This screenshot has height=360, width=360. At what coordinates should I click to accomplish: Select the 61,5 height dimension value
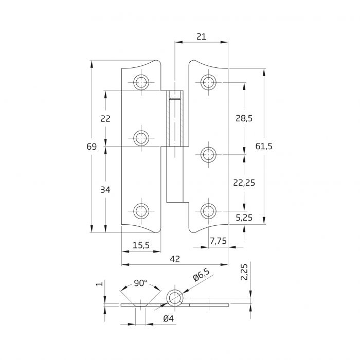click(x=263, y=147)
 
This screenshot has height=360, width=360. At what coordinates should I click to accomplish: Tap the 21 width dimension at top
click(x=201, y=37)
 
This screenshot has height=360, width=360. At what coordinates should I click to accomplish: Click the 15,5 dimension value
click(x=140, y=246)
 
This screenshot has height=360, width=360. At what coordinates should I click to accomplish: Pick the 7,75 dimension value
click(x=219, y=241)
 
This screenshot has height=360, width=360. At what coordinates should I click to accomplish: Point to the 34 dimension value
click(x=105, y=190)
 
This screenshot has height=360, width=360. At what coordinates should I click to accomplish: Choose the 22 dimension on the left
click(x=105, y=118)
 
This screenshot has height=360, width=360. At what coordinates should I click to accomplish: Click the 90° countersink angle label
click(x=140, y=283)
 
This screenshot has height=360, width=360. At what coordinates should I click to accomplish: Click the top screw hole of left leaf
click(x=141, y=82)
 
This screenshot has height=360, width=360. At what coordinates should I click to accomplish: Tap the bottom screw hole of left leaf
click(x=141, y=210)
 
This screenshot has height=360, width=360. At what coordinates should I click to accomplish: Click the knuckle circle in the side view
click(x=174, y=297)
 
